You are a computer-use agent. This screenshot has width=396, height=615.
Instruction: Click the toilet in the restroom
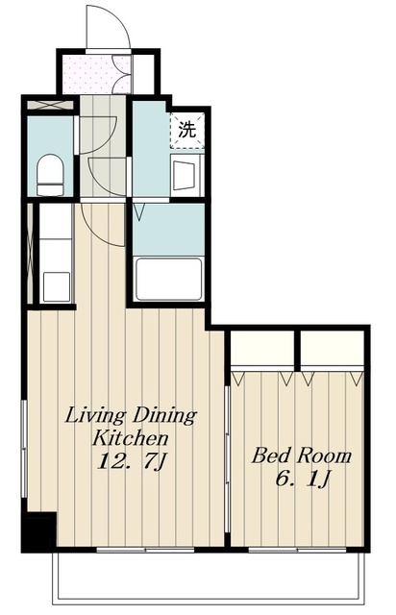pyautogui.click(x=50, y=175)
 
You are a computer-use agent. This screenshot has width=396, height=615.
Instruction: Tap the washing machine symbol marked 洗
pyautogui.click(x=187, y=130)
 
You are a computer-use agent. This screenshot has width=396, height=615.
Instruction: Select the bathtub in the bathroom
pyautogui.click(x=168, y=278)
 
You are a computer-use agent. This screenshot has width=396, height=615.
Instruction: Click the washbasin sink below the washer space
pyautogui.click(x=186, y=175)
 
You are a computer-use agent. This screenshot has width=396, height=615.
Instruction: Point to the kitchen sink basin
pyautogui.click(x=57, y=286)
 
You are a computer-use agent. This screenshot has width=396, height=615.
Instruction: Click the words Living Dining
pyautogui.click(x=131, y=416)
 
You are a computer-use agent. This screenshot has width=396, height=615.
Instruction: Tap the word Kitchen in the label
pyautogui.click(x=130, y=438)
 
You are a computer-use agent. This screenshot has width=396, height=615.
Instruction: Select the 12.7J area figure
pyautogui.click(x=132, y=462)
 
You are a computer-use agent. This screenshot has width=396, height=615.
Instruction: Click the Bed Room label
pyautogui.click(x=301, y=455)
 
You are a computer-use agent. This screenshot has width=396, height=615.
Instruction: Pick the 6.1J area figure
pyautogui.click(x=302, y=479)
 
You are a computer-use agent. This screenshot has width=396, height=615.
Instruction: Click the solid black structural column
pyautogui.click(x=38, y=531)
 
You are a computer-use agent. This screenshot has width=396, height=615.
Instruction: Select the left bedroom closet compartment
pyautogui.click(x=262, y=348)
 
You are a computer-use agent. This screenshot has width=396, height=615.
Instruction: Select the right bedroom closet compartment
pyautogui.click(x=333, y=348)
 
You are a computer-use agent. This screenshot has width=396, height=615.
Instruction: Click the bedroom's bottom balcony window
pyautogui.click(x=297, y=550)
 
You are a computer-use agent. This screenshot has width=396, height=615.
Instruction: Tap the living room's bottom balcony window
pyautogui.click(x=145, y=550)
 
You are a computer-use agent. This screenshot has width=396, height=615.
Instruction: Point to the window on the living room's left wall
pyautogui.click(x=24, y=449)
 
